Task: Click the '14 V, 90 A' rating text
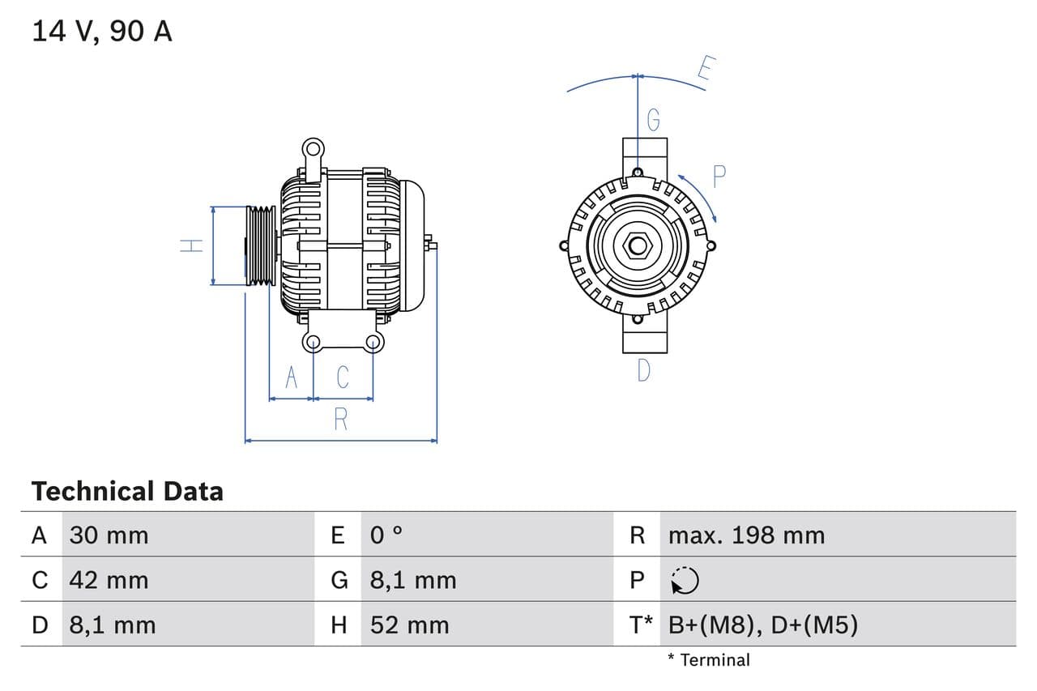pos(102,32)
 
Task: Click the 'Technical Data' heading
pos(127,491)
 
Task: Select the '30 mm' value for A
pos(109,535)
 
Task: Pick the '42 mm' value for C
pos(109,580)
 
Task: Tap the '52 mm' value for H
pos(409,625)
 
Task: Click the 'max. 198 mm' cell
pos(746,535)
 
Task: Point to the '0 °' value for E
pos(386,535)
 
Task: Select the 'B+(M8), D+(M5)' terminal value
pos(762,625)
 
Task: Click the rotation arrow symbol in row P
pos(685,580)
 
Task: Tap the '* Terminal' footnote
pos(709,660)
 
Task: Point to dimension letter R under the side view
pos(341,420)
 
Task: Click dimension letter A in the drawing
pos(292,377)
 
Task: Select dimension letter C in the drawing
pos(343,377)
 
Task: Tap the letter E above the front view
pos(705,70)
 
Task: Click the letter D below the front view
pos(644,371)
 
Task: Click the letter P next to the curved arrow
pos(719,176)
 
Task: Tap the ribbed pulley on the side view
pos(261,245)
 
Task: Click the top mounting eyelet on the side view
pos(313,149)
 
